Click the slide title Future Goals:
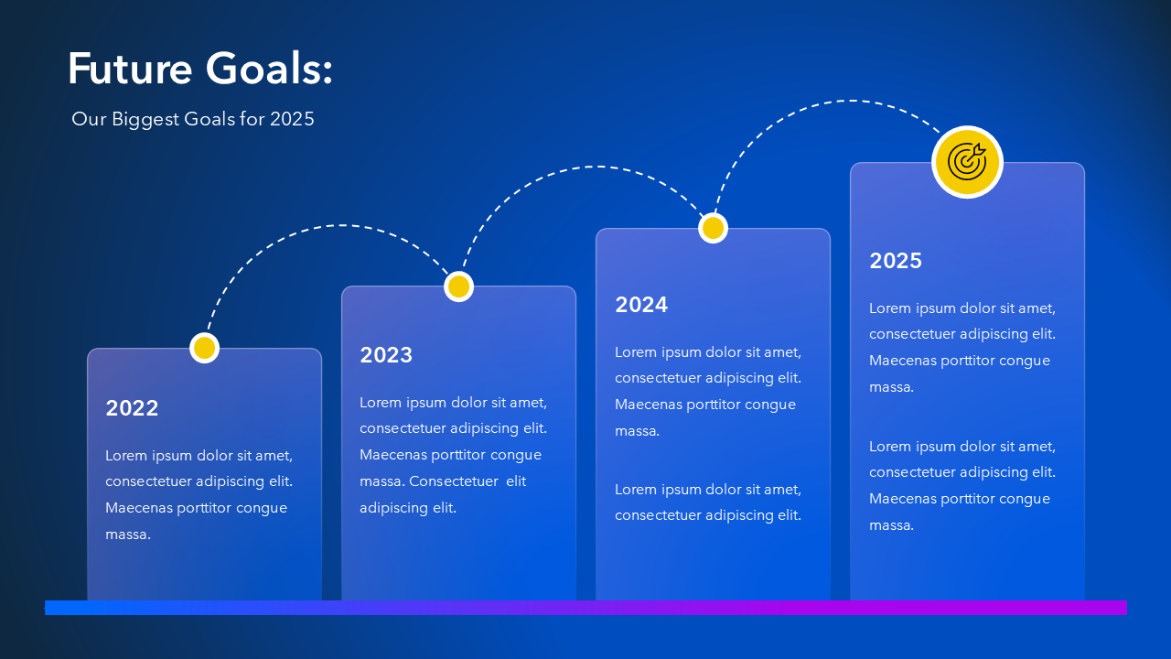tap(200, 68)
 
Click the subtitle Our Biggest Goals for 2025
tap(193, 119)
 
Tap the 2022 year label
tap(132, 408)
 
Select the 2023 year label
tap(386, 355)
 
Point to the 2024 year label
tap(641, 305)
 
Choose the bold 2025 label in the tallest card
tap(896, 261)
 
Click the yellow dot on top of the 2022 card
tap(204, 348)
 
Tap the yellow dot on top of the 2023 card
tap(458, 286)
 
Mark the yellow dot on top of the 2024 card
tap(713, 228)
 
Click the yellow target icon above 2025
tap(967, 162)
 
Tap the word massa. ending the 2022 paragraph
tap(128, 535)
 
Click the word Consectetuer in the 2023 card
tap(453, 481)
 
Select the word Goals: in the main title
tap(269, 68)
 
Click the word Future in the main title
tap(130, 68)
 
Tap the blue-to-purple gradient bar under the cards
tap(585, 608)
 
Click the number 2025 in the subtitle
tap(292, 119)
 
